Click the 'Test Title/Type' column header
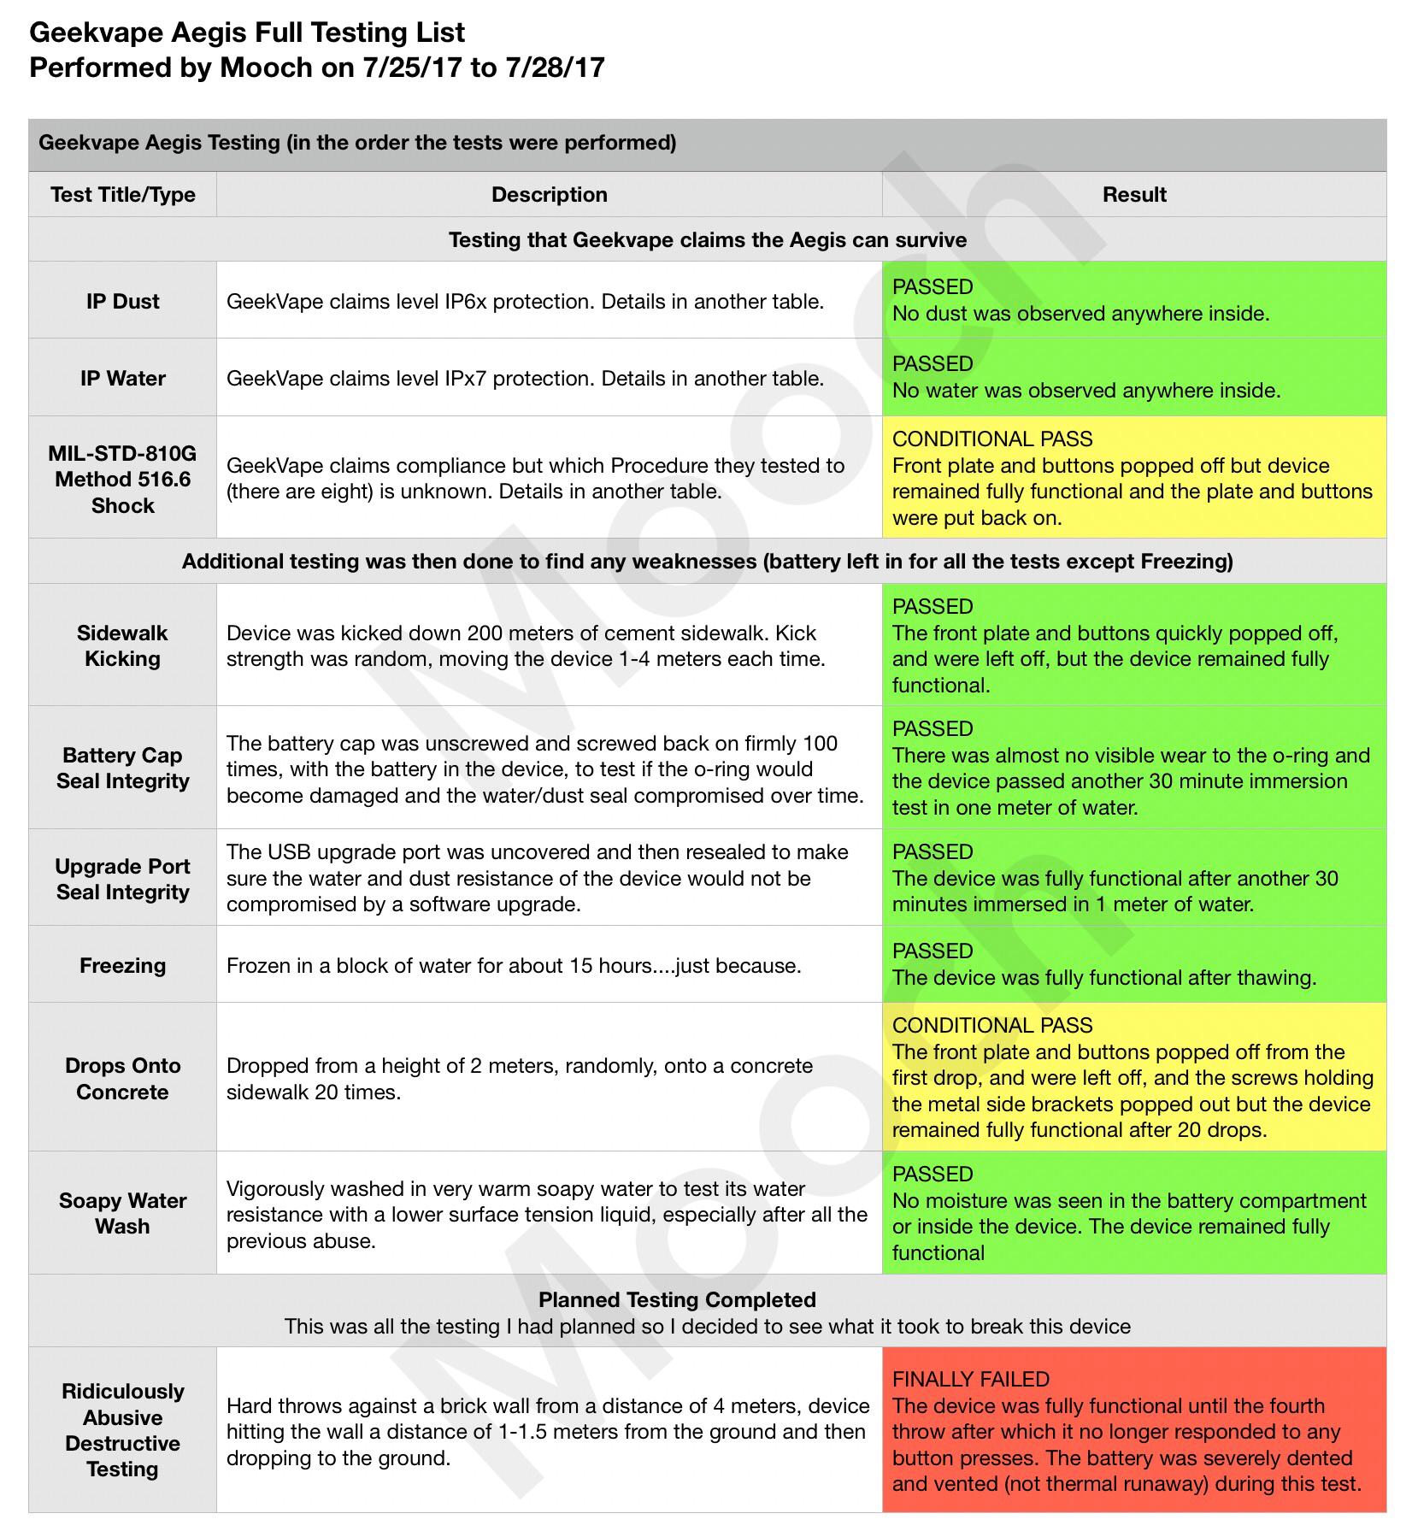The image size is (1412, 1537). [x=122, y=195]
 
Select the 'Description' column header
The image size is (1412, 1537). [x=549, y=195]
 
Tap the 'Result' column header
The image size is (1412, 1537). [x=1134, y=195]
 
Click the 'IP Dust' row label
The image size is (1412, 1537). [x=122, y=301]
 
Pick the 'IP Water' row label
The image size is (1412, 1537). [x=122, y=378]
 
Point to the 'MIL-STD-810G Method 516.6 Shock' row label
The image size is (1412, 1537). [x=122, y=479]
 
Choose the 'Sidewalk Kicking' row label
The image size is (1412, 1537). [x=122, y=645]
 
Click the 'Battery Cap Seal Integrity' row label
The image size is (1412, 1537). [x=122, y=768]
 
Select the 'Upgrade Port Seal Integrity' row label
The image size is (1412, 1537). [x=122, y=879]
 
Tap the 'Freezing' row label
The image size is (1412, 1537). [x=122, y=965]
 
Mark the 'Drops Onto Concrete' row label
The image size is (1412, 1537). [x=122, y=1079]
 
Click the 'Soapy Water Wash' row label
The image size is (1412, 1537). [x=122, y=1213]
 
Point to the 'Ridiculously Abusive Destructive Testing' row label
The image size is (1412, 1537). [x=122, y=1430]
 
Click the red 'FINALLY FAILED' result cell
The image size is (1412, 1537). [x=1134, y=1430]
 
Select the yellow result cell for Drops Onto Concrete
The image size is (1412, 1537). [x=1134, y=1079]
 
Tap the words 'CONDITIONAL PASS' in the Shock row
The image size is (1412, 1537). [x=992, y=439]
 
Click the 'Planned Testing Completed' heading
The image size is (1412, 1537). [x=677, y=1300]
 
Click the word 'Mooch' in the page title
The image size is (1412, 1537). [x=266, y=68]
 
